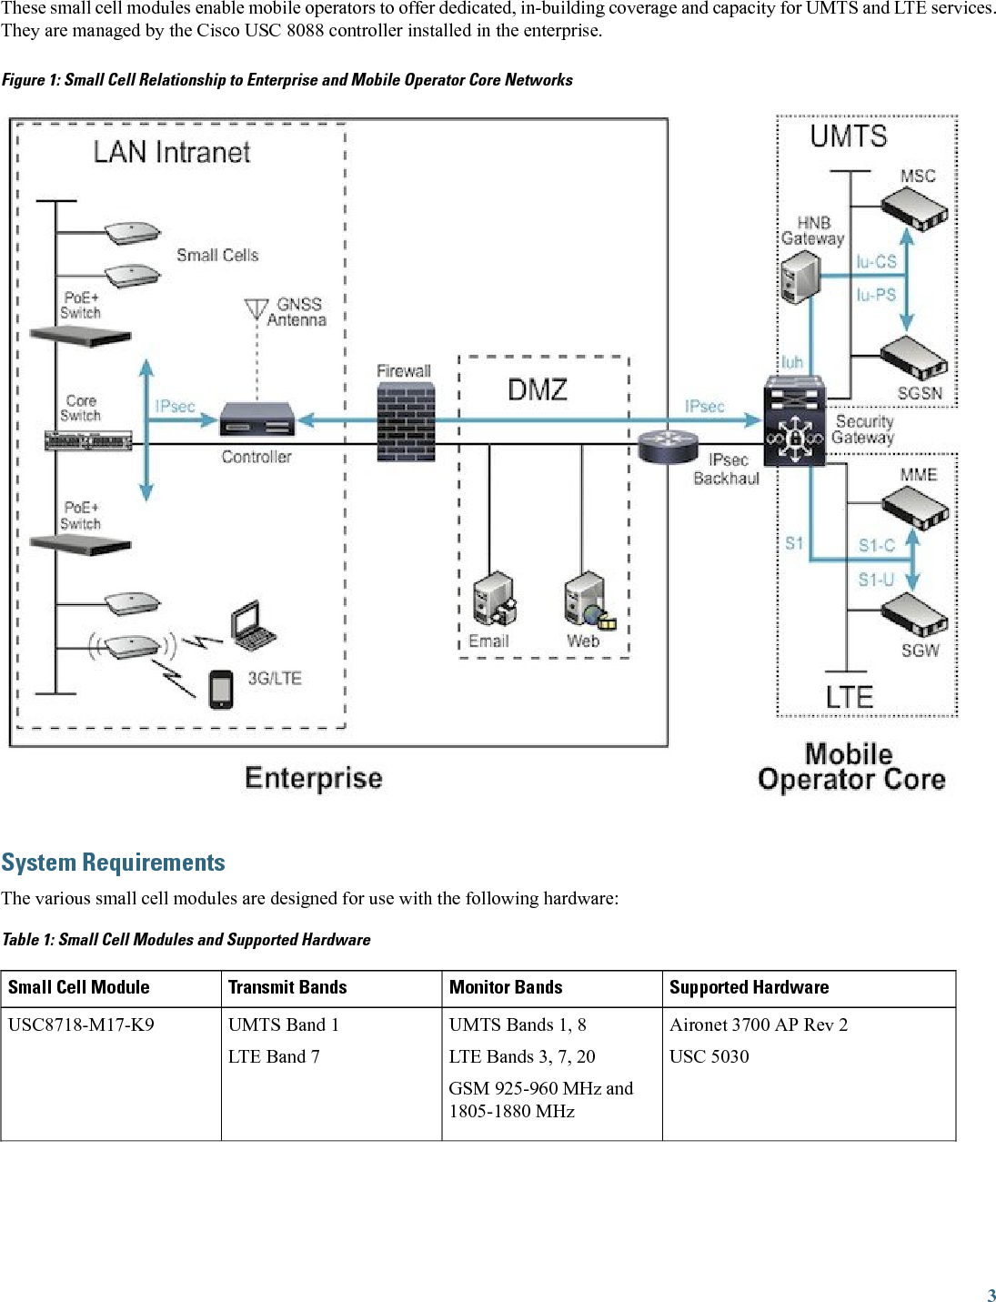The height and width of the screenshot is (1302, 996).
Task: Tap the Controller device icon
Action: point(258,419)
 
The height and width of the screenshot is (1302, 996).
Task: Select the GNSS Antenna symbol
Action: point(257,309)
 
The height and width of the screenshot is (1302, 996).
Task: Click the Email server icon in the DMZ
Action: point(495,600)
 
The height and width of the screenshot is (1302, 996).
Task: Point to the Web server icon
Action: point(586,600)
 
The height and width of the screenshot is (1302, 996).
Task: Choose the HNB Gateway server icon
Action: point(800,277)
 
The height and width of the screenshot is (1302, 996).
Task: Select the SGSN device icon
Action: point(915,358)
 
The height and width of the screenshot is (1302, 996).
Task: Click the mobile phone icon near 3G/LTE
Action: point(221,689)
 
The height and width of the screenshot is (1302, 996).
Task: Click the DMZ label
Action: point(538,390)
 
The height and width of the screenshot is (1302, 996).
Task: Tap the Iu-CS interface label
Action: point(876,262)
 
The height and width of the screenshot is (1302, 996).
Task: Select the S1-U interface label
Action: point(876,580)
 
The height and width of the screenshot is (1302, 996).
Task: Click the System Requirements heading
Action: point(114,863)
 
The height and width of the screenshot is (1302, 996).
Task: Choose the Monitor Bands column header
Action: point(506,987)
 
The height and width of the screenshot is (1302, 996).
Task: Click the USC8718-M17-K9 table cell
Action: point(81,1024)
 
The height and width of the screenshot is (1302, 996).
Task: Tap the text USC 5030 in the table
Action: point(709,1056)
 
